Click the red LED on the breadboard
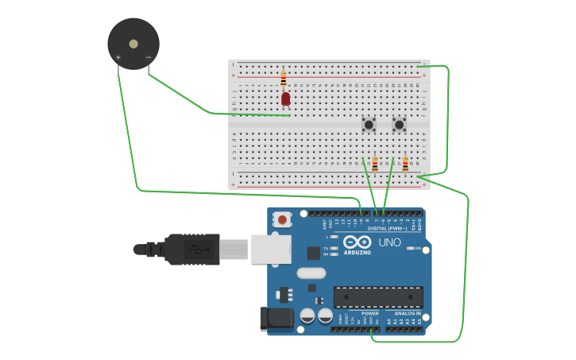[x=285, y=99]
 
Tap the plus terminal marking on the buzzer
[x=118, y=57]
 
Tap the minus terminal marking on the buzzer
[x=148, y=57]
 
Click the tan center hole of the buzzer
[x=133, y=44]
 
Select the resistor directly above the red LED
[x=284, y=79]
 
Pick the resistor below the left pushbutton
[x=375, y=165]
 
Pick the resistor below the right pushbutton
[x=405, y=165]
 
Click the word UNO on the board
[x=389, y=242]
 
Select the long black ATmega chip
[x=377, y=297]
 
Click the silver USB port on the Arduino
[x=271, y=249]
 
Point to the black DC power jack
[x=272, y=319]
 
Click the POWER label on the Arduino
[x=370, y=313]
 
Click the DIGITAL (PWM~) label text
[x=387, y=228]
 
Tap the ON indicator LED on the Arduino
[x=410, y=248]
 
